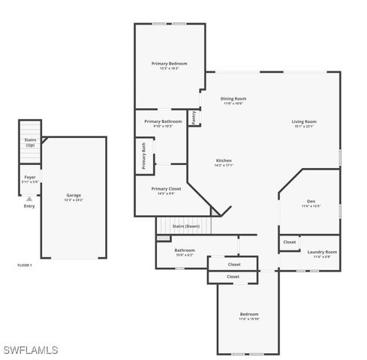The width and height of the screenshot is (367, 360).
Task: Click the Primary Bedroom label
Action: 169,64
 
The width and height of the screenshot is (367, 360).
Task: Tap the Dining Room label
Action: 233,98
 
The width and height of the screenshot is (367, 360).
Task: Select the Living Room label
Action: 304,121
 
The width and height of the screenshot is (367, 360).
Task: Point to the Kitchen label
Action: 224,160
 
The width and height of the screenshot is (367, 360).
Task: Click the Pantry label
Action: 194,117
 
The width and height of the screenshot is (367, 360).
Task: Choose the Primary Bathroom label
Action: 163,121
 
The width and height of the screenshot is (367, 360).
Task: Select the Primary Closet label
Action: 166,189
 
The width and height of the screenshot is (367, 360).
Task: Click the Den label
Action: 311,201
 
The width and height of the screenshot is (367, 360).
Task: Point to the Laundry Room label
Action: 322,252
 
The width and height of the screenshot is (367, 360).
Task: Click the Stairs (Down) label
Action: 186,226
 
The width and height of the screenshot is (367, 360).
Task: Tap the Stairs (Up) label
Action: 30,142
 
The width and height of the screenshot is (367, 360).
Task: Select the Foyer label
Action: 29,177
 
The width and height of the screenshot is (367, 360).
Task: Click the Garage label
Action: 74,196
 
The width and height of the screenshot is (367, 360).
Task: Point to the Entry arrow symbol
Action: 29,199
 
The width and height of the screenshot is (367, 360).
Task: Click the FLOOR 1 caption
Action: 25,265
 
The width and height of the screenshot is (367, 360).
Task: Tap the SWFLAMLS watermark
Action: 31,349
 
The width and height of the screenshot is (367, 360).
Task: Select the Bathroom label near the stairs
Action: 185,250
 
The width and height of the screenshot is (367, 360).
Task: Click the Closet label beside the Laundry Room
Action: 290,242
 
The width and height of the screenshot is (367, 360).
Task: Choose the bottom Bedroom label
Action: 249,313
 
